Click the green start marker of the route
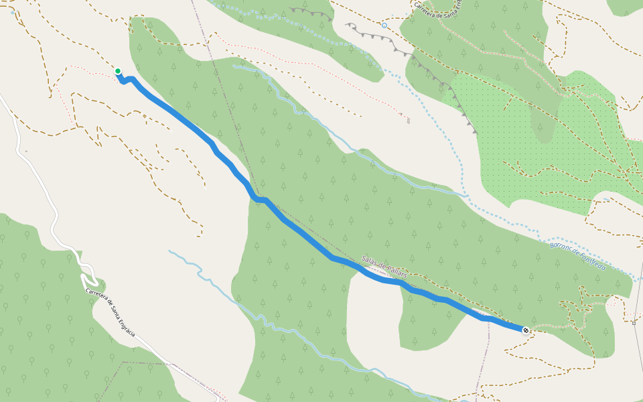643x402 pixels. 118,71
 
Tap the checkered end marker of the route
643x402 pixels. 526,330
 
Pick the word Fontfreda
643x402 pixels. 592,262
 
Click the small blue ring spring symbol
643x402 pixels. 384,25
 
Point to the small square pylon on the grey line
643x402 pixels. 634,322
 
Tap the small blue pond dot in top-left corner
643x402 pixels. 13,13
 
